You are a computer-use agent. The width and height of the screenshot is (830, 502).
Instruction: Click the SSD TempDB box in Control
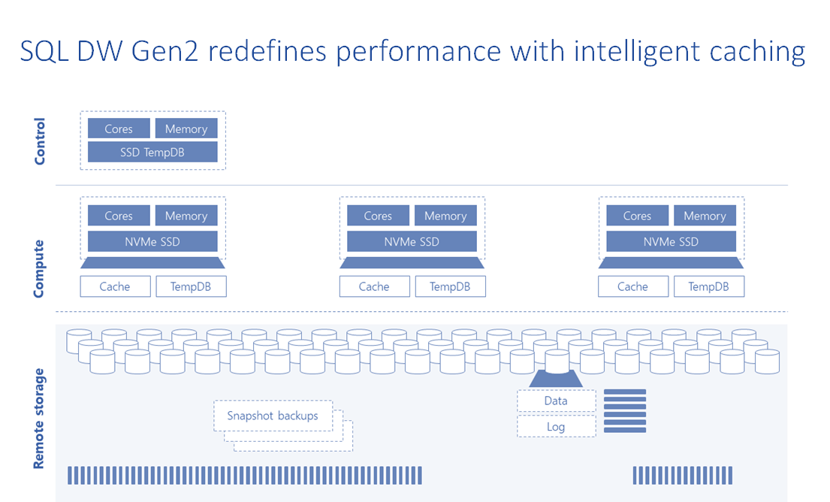point(152,152)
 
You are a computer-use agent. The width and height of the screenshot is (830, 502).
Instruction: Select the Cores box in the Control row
point(119,129)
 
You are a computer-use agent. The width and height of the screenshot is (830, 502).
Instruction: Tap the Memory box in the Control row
point(186,129)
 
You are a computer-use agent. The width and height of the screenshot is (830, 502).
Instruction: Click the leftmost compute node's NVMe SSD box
point(152,241)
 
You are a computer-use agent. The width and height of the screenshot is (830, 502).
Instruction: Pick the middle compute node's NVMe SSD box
point(412,241)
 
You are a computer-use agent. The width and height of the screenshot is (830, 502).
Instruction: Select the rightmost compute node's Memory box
point(705,216)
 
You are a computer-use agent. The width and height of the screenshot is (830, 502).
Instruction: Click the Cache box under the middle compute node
point(374,286)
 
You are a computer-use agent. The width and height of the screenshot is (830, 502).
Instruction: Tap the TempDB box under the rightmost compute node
point(708,286)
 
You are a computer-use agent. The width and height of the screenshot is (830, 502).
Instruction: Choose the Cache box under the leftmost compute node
point(115,286)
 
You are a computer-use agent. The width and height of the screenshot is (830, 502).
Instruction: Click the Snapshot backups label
point(273,416)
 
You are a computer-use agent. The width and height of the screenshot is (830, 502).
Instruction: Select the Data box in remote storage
point(556,401)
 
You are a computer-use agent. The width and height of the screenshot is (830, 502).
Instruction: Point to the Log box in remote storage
point(556,427)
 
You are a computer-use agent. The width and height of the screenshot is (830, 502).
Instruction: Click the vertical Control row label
point(40,141)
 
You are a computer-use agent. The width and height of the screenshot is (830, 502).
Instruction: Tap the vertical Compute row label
point(40,268)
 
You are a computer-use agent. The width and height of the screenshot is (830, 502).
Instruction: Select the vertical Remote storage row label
point(40,419)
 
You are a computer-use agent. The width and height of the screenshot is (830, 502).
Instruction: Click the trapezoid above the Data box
point(556,380)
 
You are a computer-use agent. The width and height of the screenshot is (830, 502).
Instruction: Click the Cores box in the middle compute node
point(378,216)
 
